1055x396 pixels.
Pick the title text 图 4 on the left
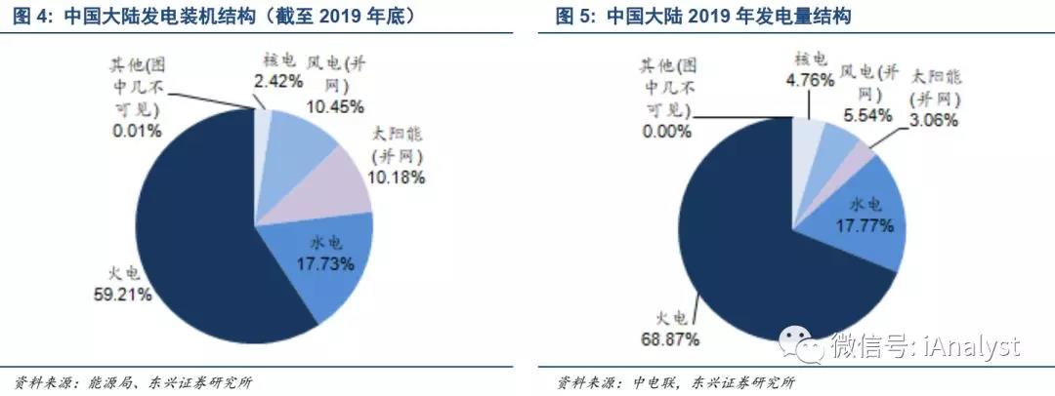click(29, 17)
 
